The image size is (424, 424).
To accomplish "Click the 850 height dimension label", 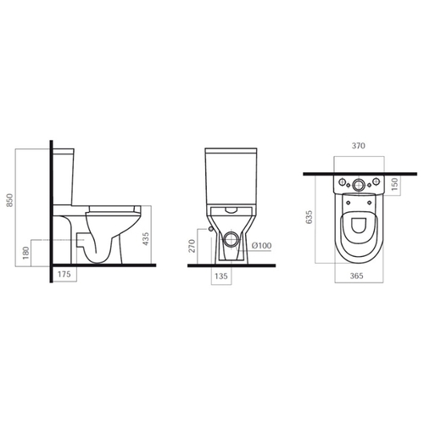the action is click(x=10, y=200).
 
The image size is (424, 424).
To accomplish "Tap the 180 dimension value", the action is click(x=25, y=253).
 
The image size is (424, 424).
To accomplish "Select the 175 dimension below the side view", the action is click(x=64, y=274).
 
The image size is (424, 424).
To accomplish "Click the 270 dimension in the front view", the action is click(x=192, y=246).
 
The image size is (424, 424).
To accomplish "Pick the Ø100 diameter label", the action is click(x=261, y=245).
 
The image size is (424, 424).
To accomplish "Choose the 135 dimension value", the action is click(x=221, y=276).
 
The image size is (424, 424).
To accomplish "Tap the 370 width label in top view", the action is click(x=359, y=146).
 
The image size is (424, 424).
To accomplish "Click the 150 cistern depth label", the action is click(x=395, y=183).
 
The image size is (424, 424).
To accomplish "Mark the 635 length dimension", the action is click(x=310, y=217).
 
